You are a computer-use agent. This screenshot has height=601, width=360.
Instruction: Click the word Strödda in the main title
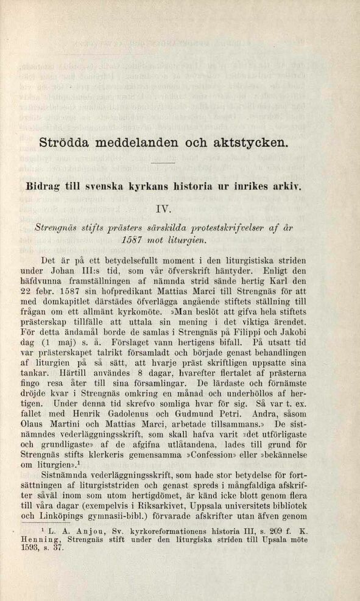[65, 144]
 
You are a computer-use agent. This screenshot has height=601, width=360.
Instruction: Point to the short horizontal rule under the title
[163, 164]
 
